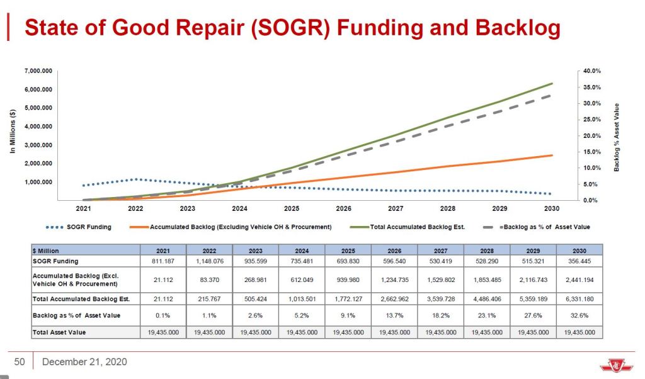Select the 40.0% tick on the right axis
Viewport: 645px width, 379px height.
click(592, 71)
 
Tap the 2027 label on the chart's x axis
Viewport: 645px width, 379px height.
click(396, 208)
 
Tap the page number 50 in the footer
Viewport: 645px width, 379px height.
click(20, 361)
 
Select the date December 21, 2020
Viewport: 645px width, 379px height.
click(84, 361)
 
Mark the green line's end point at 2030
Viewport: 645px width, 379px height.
click(552, 83)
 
